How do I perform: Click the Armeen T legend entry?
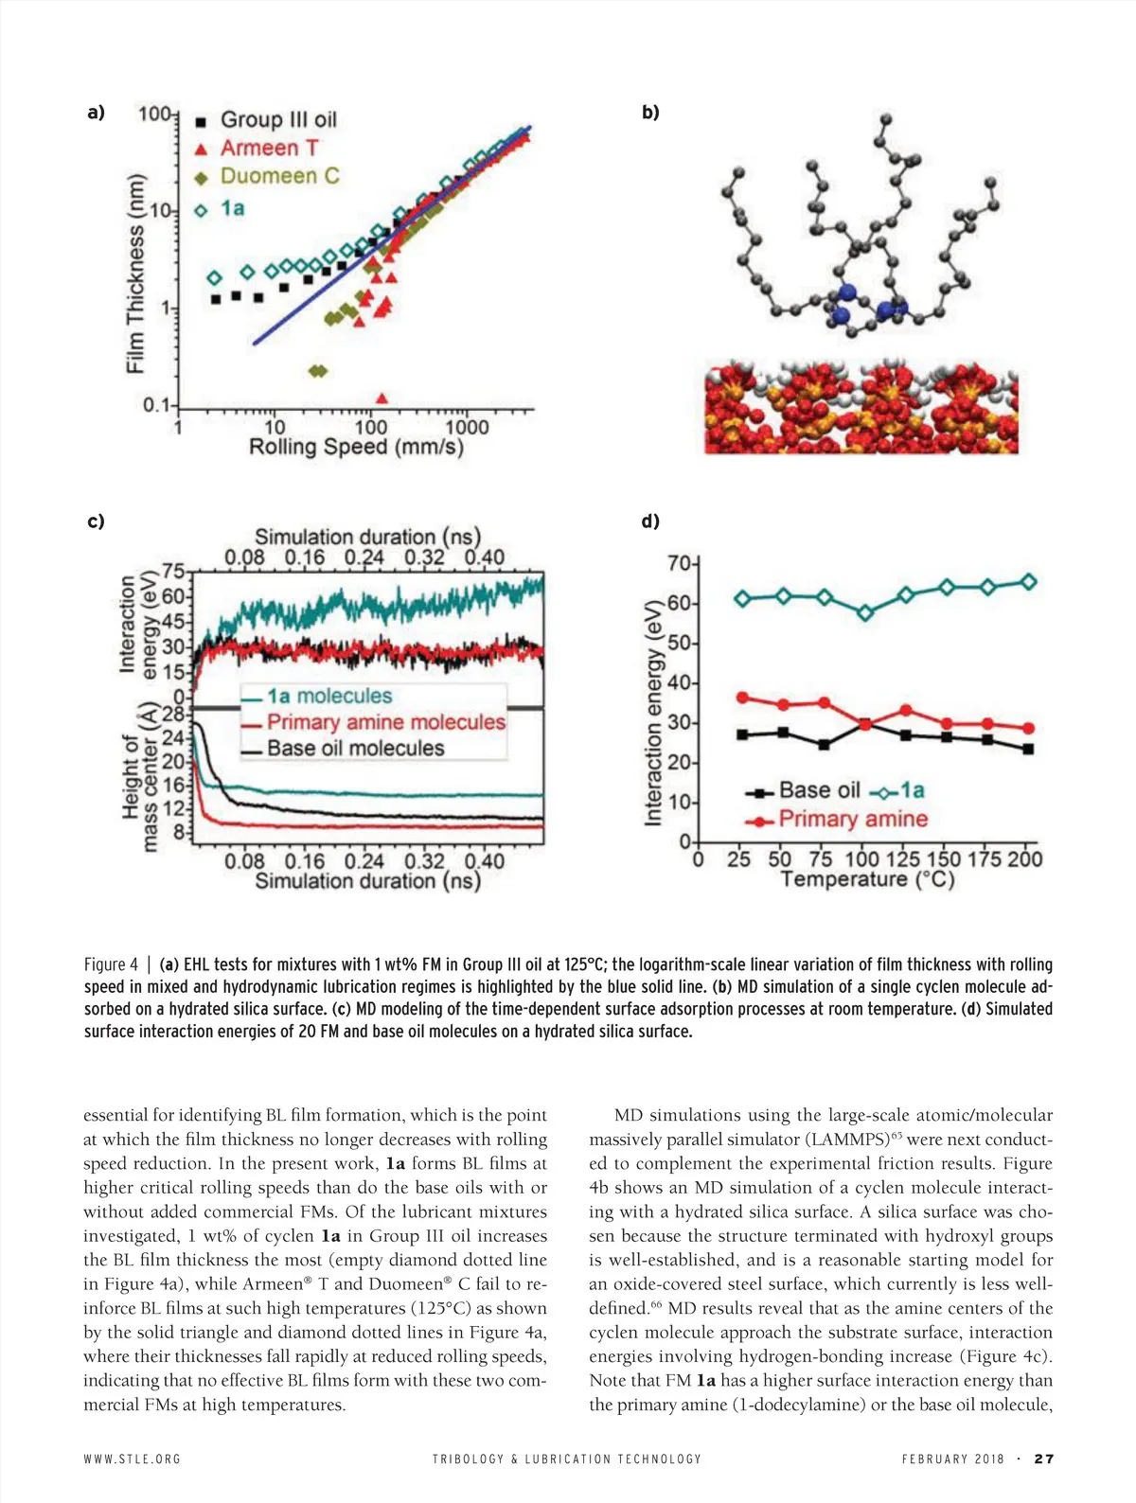tap(269, 149)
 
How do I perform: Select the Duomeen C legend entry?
tap(279, 177)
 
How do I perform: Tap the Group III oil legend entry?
tap(278, 120)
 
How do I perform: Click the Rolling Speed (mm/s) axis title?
tap(356, 447)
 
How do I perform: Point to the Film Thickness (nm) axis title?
tap(136, 274)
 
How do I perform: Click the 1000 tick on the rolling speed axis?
tap(467, 428)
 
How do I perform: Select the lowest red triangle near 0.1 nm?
tap(382, 398)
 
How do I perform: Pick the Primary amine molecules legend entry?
tap(385, 722)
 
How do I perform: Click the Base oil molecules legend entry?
tap(355, 748)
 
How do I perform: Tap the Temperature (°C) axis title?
tap(867, 879)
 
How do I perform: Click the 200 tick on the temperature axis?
tap(1025, 859)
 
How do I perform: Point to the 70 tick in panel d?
tap(679, 563)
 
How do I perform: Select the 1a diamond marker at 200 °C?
tap(1028, 582)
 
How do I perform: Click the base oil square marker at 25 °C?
tap(743, 734)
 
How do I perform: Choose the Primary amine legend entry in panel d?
tap(852, 819)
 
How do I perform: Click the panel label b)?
tap(650, 113)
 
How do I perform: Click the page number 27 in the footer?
tap(1043, 1459)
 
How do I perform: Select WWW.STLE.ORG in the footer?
tap(132, 1459)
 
